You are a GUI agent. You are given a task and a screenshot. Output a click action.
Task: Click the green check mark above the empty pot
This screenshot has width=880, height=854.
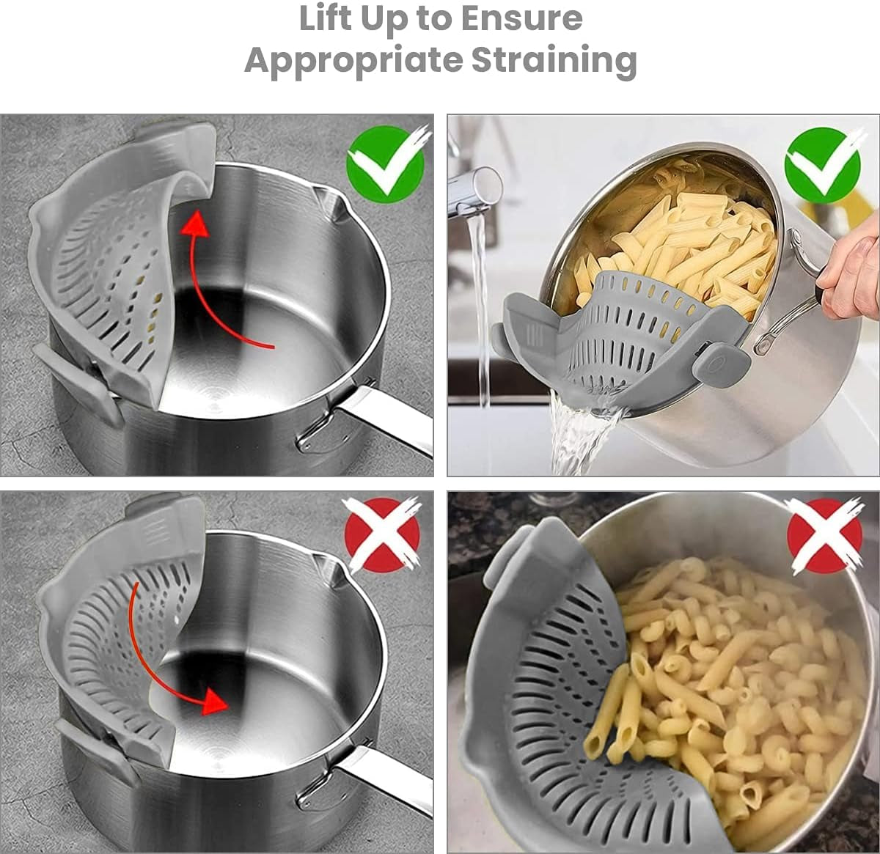coord(386,163)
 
